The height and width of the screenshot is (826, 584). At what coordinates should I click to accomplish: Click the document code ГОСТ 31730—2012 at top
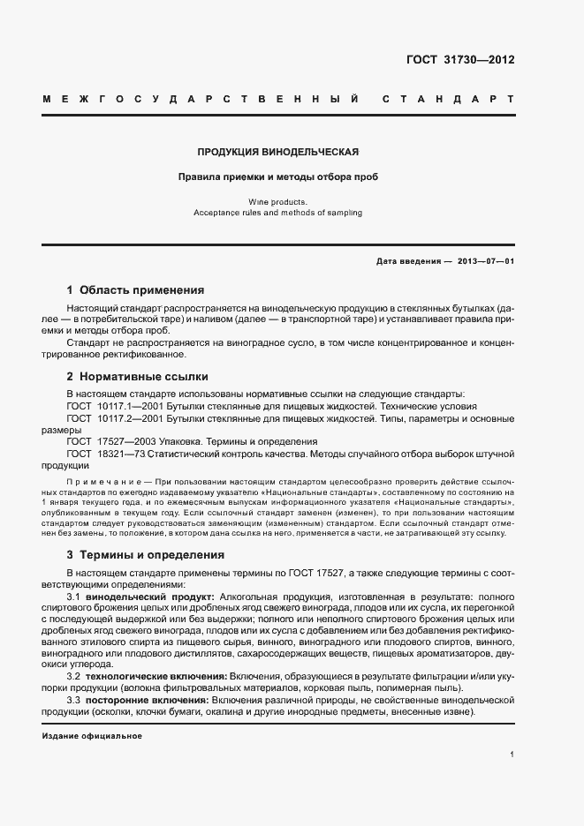click(459, 61)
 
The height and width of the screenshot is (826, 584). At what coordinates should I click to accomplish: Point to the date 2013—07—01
click(486, 263)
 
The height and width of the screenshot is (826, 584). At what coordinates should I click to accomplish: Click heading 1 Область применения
click(135, 289)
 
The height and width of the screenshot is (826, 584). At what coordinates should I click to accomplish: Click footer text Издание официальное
click(91, 736)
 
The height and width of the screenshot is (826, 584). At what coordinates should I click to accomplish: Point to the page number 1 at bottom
click(512, 755)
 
